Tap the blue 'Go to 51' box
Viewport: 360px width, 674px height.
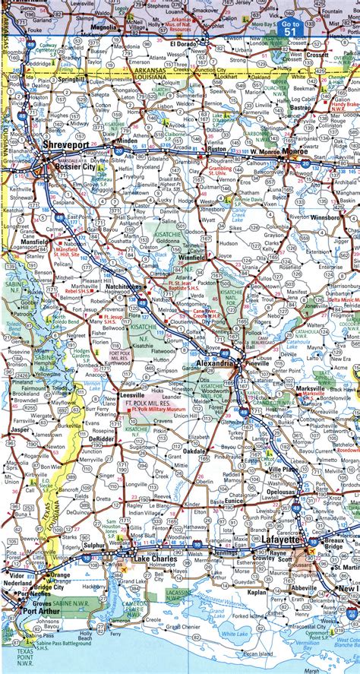pyautogui.click(x=290, y=28)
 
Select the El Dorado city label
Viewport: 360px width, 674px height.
pyautogui.click(x=183, y=45)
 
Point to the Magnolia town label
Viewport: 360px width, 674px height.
pyautogui.click(x=103, y=27)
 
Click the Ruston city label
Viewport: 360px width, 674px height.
pyautogui.click(x=216, y=150)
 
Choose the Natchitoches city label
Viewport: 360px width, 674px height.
pyautogui.click(x=121, y=286)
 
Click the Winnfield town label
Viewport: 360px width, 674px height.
pyautogui.click(x=191, y=258)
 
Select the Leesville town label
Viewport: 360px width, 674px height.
pyautogui.click(x=134, y=396)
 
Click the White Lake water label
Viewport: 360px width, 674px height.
pyautogui.click(x=251, y=633)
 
